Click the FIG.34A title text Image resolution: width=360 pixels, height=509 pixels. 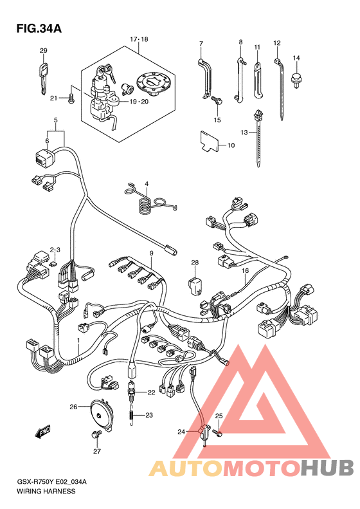39,28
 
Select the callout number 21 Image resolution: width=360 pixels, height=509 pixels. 53,98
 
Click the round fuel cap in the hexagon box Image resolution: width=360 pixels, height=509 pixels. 151,84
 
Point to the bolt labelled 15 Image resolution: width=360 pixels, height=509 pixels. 217,100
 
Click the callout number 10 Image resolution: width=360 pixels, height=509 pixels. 231,145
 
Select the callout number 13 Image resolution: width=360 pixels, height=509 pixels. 244,132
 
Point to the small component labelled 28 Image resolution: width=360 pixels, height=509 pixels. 195,285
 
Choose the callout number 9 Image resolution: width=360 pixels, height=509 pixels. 151,253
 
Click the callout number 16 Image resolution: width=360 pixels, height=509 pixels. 245,270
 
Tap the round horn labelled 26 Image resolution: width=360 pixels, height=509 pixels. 100,416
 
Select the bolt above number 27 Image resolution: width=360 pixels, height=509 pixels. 96,434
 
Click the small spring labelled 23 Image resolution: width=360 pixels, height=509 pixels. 131,416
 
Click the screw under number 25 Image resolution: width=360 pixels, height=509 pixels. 218,432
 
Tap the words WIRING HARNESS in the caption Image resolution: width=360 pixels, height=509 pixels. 46,491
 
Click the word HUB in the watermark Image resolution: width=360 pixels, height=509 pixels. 327,468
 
